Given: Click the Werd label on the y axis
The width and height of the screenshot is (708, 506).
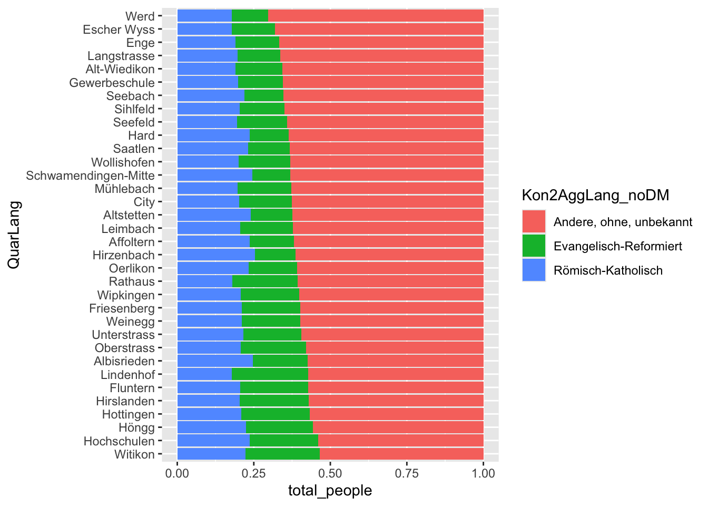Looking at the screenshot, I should pyautogui.click(x=140, y=16).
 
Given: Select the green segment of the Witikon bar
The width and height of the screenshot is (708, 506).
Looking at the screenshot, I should pyautogui.click(x=282, y=454).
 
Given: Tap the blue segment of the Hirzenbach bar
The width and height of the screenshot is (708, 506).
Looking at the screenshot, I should pyautogui.click(x=216, y=255).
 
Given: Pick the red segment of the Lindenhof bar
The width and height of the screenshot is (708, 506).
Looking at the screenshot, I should pyautogui.click(x=396, y=375).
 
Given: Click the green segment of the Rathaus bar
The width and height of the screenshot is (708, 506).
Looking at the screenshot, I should pyautogui.click(x=265, y=281).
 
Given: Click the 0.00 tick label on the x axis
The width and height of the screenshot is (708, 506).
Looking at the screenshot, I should pyautogui.click(x=178, y=473).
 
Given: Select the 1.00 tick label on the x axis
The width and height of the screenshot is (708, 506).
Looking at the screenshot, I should pyautogui.click(x=484, y=473).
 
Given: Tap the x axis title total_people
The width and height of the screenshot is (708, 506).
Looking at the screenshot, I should pyautogui.click(x=330, y=491).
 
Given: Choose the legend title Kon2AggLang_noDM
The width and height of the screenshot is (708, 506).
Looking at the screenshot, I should pyautogui.click(x=595, y=196).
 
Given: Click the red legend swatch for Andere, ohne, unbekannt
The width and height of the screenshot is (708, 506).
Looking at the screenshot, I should pyautogui.click(x=534, y=222).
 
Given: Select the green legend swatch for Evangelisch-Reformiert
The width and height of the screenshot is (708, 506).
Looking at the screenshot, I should pyautogui.click(x=534, y=246).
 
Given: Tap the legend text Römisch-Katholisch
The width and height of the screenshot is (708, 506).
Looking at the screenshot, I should pyautogui.click(x=608, y=271).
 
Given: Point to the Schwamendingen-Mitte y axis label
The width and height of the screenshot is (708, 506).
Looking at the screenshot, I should pyautogui.click(x=91, y=176).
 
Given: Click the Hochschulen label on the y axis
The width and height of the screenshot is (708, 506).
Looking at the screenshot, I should pyautogui.click(x=119, y=441).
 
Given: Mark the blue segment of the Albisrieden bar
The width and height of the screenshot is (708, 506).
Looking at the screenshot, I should pyautogui.click(x=215, y=361).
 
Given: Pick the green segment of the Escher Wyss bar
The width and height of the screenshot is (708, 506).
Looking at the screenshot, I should pyautogui.click(x=253, y=30).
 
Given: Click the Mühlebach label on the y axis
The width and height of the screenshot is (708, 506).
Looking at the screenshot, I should pyautogui.click(x=125, y=189).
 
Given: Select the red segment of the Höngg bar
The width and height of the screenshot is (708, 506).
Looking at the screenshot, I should pyautogui.click(x=398, y=427).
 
